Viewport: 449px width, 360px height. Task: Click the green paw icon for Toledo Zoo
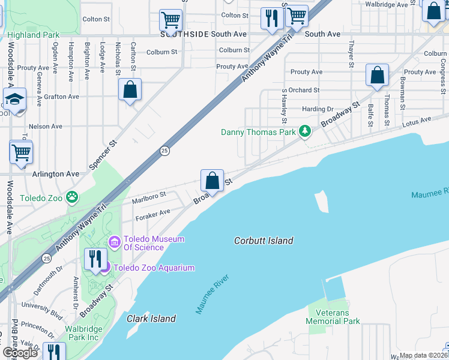[72, 196]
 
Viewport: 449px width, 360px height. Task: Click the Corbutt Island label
[264, 241]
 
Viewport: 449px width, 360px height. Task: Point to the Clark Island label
[151, 319]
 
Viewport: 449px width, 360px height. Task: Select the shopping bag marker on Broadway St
[212, 180]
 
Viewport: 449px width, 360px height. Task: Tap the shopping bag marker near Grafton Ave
[130, 90]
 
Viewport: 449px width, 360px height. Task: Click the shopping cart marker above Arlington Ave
[21, 152]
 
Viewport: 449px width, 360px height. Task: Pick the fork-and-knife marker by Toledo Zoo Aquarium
[95, 259]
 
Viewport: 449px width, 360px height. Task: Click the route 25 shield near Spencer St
[163, 150]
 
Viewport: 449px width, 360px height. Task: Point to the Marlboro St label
[149, 196]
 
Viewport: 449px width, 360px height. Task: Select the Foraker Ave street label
[153, 211]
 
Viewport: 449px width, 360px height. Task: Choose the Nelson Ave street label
[46, 127]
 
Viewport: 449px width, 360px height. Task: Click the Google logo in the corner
[20, 353]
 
